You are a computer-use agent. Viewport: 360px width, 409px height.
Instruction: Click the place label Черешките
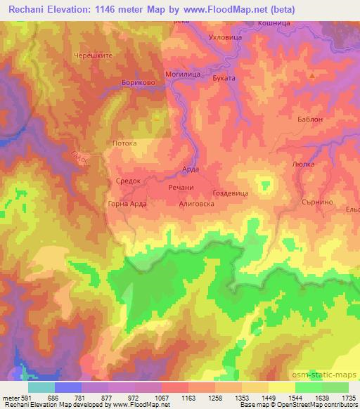[93, 55]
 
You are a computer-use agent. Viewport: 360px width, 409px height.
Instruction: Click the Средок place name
[129, 181]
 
